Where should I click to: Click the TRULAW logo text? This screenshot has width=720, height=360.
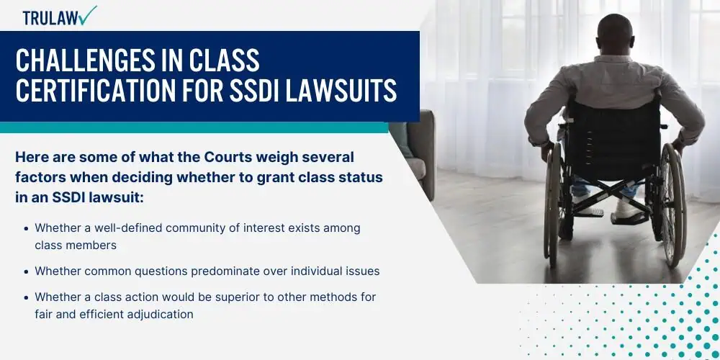tap(50, 18)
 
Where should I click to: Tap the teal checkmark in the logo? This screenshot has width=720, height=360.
tap(88, 15)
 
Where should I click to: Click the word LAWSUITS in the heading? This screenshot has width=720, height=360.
tap(341, 91)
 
